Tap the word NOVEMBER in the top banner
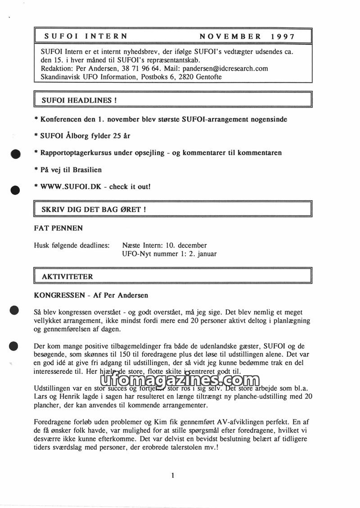coord(230,36)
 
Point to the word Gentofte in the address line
coord(207,77)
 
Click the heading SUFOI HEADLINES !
coord(79,101)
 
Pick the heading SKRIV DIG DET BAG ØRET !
coord(94,210)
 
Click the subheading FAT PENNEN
coord(58,228)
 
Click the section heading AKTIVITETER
coord(67,276)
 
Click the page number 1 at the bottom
coord(173,476)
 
